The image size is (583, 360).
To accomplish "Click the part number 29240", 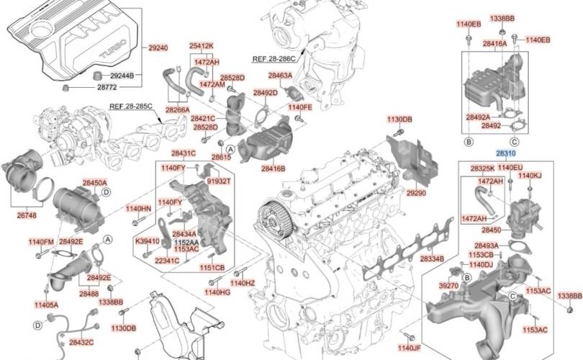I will [x=158, y=48].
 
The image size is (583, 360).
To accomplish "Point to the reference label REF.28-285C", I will [x=131, y=106].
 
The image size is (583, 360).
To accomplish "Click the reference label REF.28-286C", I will [x=274, y=58].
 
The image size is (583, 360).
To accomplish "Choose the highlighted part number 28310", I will [x=505, y=153].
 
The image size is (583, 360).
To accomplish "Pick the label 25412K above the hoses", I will [x=202, y=46].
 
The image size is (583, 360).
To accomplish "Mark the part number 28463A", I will [x=280, y=75].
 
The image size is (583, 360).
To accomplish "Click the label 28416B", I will [x=273, y=168].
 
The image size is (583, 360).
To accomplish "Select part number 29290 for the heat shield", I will [x=415, y=193].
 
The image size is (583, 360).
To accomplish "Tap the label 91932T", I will [x=219, y=181].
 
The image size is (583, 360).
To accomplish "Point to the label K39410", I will [x=147, y=240].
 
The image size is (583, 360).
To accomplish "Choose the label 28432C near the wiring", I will [x=81, y=342].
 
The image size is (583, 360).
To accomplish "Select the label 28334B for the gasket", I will [x=432, y=258].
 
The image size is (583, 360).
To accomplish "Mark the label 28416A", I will [x=494, y=44].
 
